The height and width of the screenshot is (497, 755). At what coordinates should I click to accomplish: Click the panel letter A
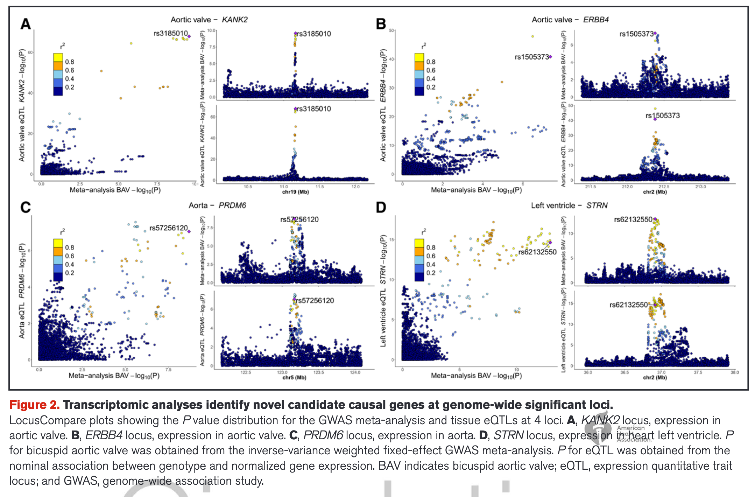tap(26, 24)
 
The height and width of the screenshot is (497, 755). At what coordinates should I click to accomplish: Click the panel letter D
tap(381, 208)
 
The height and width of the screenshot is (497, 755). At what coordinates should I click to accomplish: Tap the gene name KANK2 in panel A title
tap(234, 20)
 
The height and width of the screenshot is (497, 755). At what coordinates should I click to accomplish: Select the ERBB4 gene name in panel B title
tap(595, 20)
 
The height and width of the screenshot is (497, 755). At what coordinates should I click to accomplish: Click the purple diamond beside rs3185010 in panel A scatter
tap(189, 36)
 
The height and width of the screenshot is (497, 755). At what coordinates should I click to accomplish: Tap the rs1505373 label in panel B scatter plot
tap(531, 57)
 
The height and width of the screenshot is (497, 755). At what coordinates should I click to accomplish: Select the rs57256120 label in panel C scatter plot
tap(168, 228)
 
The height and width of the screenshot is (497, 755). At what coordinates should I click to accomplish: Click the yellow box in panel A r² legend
tap(58, 57)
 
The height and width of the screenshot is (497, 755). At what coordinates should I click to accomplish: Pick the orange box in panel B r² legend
tap(419, 66)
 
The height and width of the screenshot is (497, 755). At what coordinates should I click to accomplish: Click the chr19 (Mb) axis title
tap(295, 192)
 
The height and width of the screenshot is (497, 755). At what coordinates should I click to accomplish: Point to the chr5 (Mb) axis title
tap(294, 378)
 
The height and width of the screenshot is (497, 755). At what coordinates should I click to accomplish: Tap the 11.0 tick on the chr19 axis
tap(284, 187)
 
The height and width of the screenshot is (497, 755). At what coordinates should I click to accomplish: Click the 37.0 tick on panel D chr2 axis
tap(661, 372)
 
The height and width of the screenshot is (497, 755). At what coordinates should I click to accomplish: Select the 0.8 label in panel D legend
tap(431, 247)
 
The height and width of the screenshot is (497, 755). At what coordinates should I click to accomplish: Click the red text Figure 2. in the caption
tap(34, 405)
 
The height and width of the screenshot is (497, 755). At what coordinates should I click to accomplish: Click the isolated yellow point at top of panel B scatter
tap(532, 36)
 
